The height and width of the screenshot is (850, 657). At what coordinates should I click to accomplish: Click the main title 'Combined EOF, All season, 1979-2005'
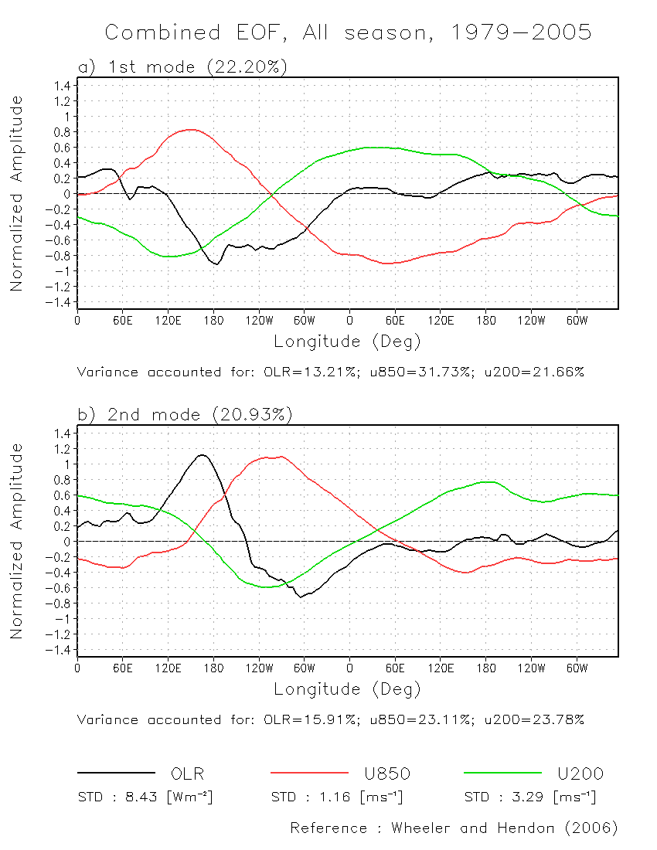348,32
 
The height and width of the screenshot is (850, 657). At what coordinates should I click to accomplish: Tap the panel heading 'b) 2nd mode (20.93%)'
185,415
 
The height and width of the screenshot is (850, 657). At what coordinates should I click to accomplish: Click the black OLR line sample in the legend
116,772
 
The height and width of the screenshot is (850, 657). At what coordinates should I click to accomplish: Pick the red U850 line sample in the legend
309,772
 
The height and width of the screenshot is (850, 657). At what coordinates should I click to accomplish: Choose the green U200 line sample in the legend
502,772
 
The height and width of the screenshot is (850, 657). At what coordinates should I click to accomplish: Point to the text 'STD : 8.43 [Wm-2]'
145,797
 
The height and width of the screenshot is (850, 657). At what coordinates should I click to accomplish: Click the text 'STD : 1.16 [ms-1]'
337,797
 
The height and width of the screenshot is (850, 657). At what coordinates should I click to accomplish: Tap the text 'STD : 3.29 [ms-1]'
530,797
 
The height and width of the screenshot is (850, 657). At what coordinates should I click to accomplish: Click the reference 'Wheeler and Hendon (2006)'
505,828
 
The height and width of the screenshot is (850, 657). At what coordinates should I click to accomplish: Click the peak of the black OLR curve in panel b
203,455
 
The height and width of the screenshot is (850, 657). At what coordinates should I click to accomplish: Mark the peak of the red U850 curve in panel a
192,130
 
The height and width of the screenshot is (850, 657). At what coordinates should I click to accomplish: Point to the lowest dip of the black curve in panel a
217,264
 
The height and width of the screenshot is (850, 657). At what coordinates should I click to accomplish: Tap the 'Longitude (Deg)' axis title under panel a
347,341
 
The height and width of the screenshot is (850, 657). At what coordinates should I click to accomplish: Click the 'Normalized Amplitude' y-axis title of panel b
16,541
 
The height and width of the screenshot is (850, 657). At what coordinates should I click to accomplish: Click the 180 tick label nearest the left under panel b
213,667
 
